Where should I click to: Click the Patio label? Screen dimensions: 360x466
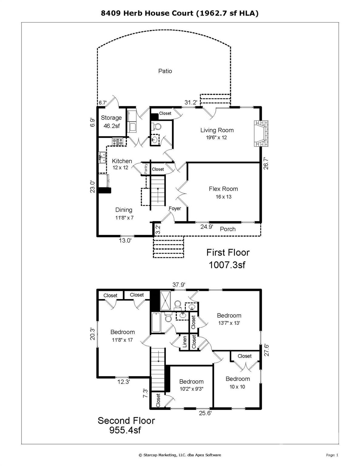(x=165, y=71)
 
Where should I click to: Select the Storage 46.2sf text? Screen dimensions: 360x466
(x=111, y=122)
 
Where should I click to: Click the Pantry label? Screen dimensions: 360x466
(x=146, y=169)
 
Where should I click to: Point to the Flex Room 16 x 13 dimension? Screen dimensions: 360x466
(x=224, y=197)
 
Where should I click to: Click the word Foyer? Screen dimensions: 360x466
(x=175, y=208)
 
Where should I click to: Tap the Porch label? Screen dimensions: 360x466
(x=227, y=229)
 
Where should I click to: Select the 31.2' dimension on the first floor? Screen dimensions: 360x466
(x=191, y=102)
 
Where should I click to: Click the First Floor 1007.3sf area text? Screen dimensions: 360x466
(x=228, y=258)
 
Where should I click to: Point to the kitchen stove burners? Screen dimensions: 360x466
(x=118, y=142)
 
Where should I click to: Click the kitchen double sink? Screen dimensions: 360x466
(x=103, y=157)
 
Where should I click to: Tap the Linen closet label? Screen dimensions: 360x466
(x=184, y=342)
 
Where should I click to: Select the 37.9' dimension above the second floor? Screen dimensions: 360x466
(x=179, y=285)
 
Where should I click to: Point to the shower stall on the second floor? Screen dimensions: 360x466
(x=165, y=301)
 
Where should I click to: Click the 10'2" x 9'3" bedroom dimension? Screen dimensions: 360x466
(x=191, y=389)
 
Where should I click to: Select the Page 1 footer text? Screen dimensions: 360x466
(x=332, y=455)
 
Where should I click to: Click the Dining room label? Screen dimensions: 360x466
(x=124, y=210)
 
